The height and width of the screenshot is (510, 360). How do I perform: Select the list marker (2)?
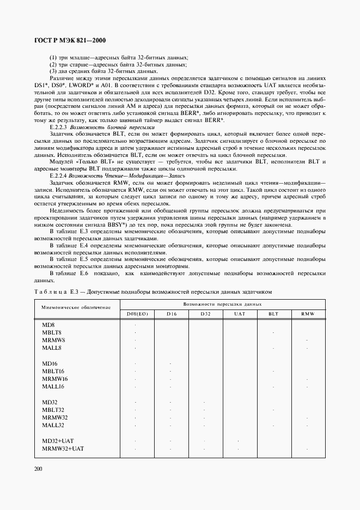click(x=53, y=64)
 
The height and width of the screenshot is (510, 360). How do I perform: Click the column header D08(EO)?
click(x=136, y=314)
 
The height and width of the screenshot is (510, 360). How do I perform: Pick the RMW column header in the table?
click(x=308, y=314)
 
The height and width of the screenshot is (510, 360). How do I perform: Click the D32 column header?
click(x=205, y=314)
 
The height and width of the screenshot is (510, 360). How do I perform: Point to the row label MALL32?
click(x=53, y=425)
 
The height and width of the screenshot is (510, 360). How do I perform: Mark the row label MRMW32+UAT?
click(x=63, y=448)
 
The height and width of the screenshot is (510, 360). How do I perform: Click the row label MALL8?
click(x=52, y=348)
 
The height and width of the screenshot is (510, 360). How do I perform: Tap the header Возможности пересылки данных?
click(x=223, y=303)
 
